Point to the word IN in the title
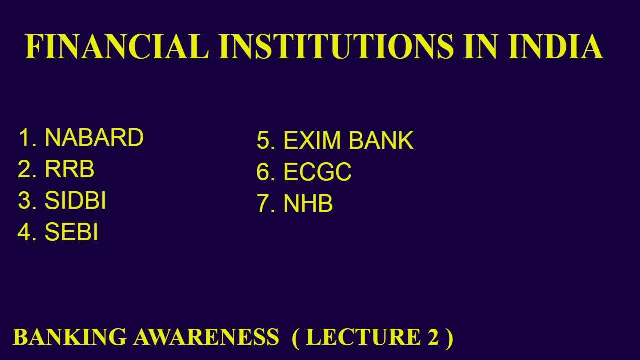tap(482, 47)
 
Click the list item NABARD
tap(94, 138)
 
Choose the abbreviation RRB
tap(69, 170)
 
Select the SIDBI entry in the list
tap(75, 201)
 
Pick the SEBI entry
tap(71, 233)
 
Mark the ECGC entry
tap(317, 173)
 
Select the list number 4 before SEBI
tap(25, 233)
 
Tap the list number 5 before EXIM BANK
tap(263, 141)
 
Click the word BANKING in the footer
tap(70, 337)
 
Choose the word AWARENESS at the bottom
tap(206, 337)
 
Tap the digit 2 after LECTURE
tap(432, 337)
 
